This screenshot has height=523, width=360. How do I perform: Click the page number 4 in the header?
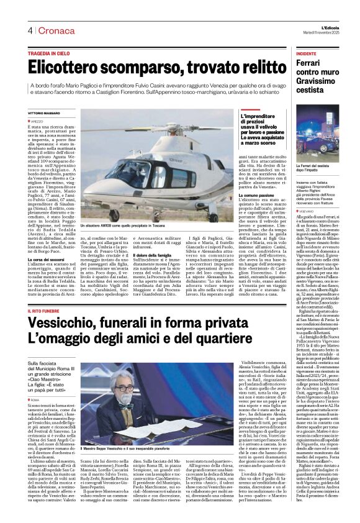pyautogui.click(x=29, y=30)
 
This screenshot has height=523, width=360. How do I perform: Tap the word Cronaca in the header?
pyautogui.click(x=49, y=30)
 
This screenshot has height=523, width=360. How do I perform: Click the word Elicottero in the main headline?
pyautogui.click(x=73, y=68)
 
